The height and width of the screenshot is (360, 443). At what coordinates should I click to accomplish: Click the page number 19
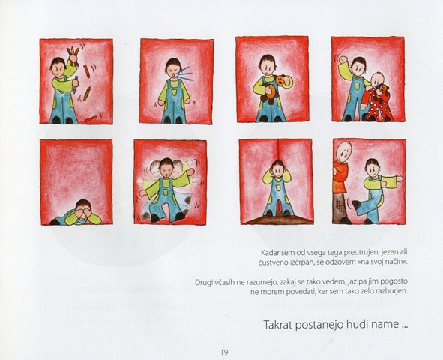point(224,352)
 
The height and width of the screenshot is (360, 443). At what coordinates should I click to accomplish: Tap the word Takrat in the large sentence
point(278,325)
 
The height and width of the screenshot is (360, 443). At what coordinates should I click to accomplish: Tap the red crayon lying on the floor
point(91,118)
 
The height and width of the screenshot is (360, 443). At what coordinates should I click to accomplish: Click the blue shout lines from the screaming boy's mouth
point(185,73)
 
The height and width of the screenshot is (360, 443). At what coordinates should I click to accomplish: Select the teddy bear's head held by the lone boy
point(280,80)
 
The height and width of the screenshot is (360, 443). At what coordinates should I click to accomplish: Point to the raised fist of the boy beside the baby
point(343,59)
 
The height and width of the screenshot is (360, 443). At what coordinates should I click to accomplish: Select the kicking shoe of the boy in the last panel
point(355,204)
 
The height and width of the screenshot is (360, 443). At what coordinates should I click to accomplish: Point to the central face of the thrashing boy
point(166,167)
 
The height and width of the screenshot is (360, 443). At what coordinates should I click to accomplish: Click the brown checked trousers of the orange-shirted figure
point(340,207)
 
